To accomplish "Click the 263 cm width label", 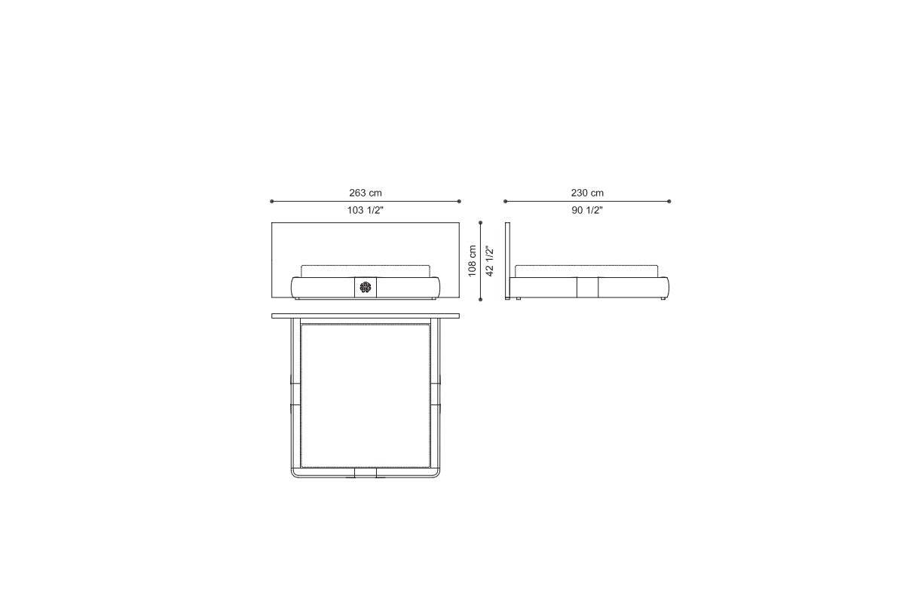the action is pos(366,193).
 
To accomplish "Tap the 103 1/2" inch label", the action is pos(366,210).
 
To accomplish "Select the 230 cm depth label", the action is pos(587,193).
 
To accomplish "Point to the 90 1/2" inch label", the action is pos(587,210).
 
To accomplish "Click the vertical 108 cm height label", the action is pos(473,261).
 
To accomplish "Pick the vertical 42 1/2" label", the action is pos(490,261).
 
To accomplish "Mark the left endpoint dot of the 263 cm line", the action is pos(271,201).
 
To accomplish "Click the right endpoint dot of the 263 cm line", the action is pos(459,201).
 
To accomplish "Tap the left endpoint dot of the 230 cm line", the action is pos(505,201).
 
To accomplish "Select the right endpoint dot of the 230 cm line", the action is pos(669,201).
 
